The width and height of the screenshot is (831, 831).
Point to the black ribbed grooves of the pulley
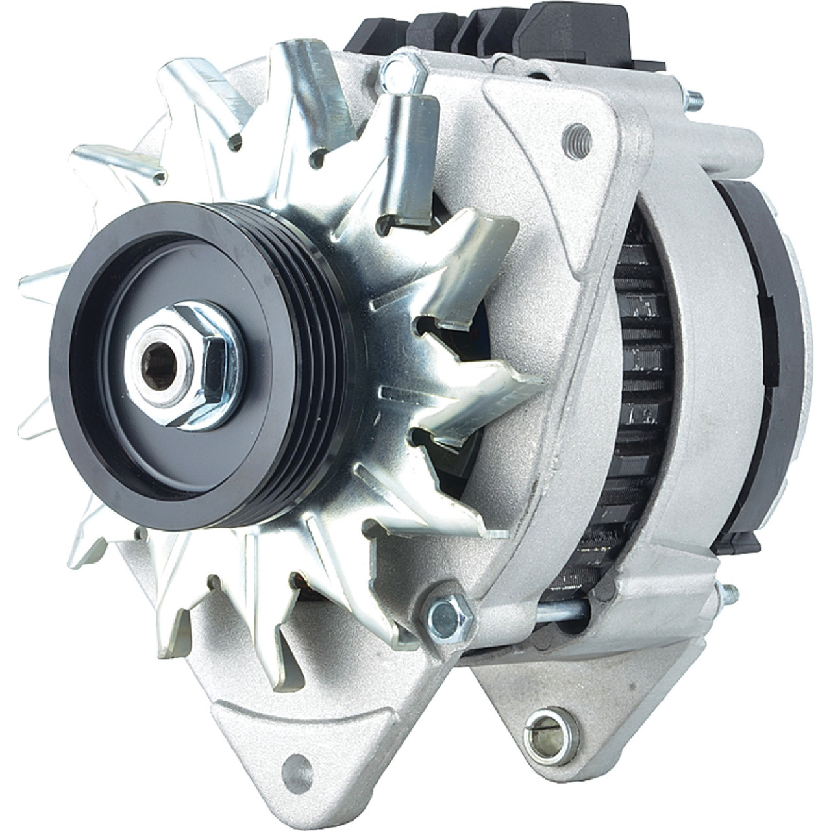coord(312,364)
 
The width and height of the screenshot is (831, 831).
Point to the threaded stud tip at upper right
coord(694,99)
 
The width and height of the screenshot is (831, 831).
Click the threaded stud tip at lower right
coord(730,593)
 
